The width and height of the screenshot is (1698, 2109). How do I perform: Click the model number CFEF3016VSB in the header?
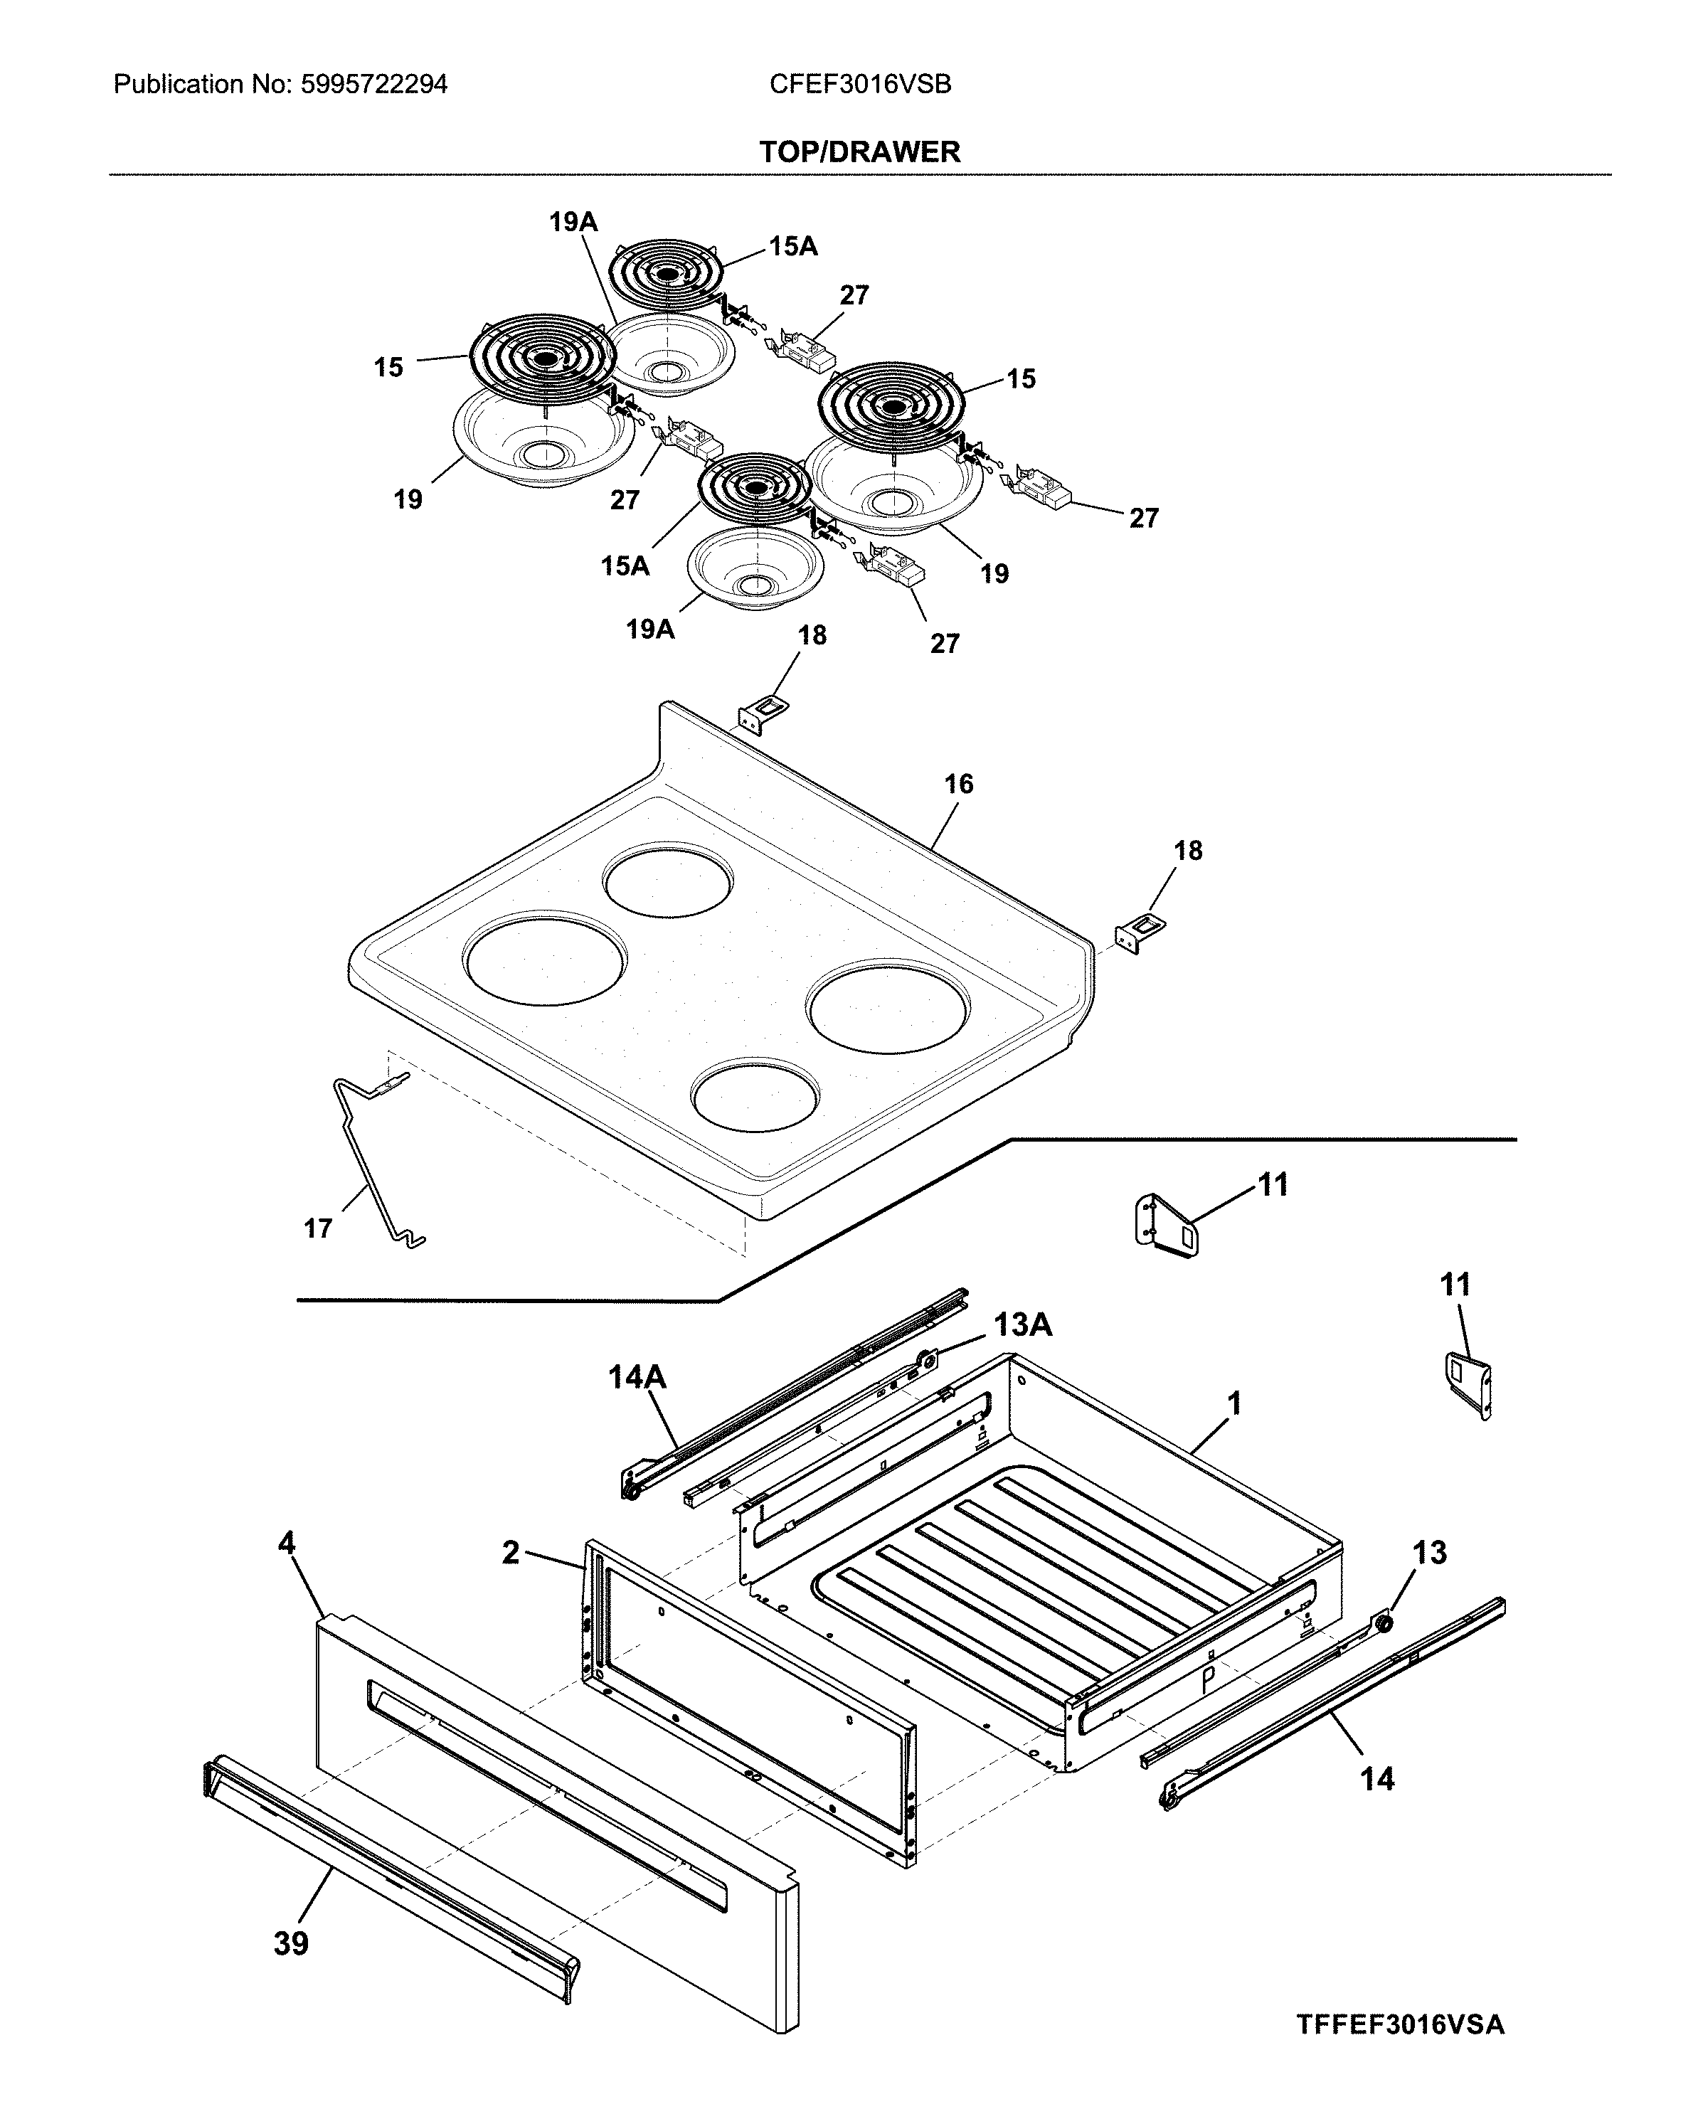click(860, 84)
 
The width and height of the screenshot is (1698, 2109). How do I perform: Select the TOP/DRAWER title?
click(860, 152)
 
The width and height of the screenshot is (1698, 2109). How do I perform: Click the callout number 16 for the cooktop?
click(959, 784)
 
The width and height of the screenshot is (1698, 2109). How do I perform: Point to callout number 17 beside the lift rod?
click(318, 1228)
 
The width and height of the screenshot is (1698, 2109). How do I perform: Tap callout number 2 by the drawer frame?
click(511, 1552)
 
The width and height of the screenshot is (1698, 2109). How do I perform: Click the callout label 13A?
click(1022, 1324)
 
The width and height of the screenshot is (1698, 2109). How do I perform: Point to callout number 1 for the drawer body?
click(1234, 1403)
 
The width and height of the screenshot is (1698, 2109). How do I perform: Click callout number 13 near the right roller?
click(1429, 1552)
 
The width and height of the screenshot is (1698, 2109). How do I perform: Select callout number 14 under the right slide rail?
click(1377, 1778)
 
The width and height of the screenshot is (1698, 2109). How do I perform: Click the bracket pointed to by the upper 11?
click(1166, 1225)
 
